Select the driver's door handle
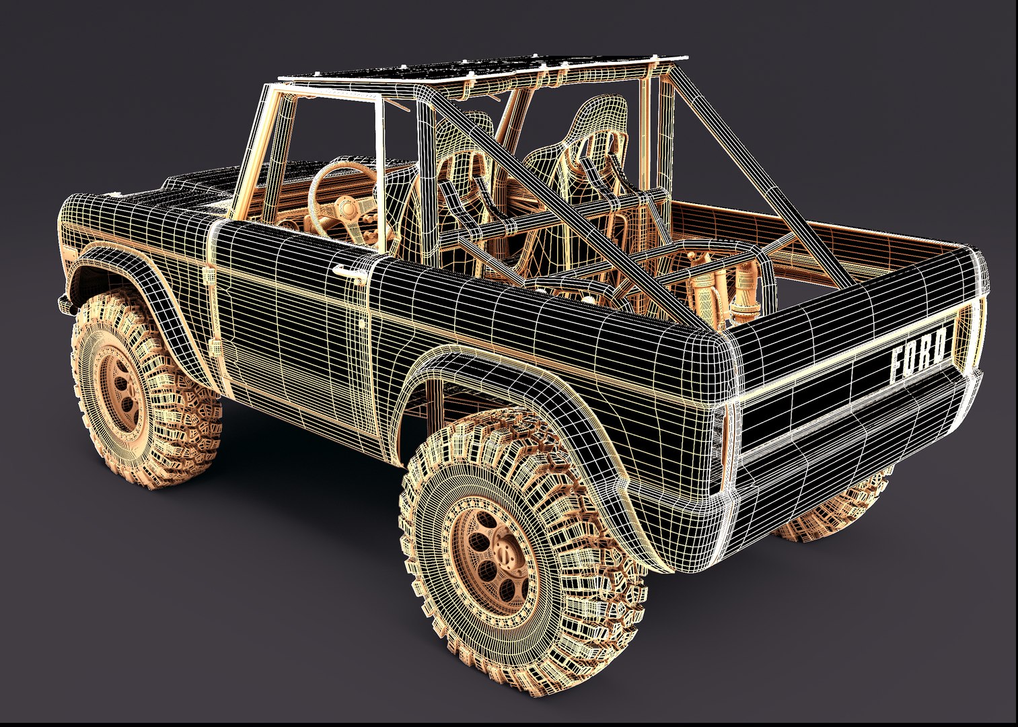click(345, 270)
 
